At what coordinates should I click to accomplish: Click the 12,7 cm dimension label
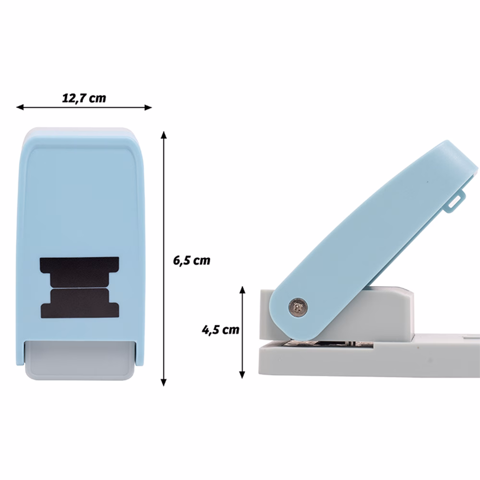(84, 98)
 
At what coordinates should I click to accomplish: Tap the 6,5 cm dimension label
(192, 261)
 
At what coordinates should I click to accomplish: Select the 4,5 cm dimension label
(220, 330)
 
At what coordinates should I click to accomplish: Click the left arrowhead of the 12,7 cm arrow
(20, 107)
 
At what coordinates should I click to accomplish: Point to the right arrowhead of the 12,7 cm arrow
(148, 107)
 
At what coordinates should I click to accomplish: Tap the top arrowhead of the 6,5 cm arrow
(164, 135)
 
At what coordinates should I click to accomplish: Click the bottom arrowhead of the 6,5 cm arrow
(164, 383)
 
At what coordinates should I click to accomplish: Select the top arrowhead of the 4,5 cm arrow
(242, 290)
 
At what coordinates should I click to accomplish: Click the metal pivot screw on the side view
(298, 306)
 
